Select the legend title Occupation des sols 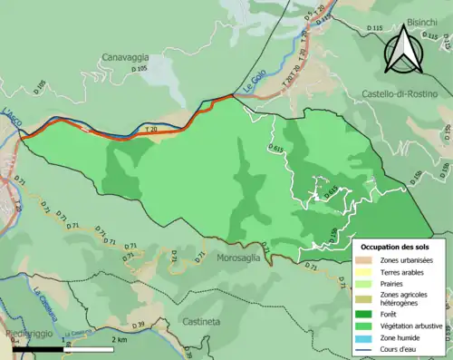tap(397, 247)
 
